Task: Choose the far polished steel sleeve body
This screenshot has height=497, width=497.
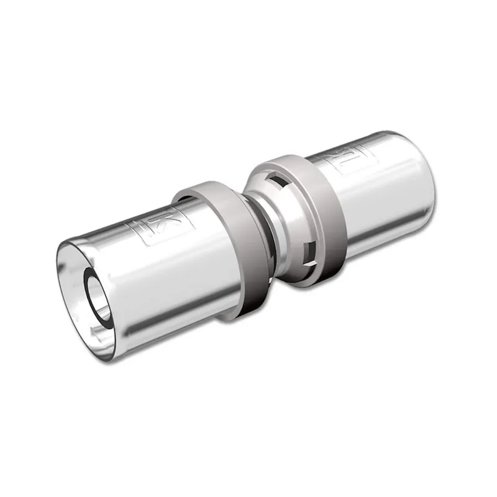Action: tap(373, 186)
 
